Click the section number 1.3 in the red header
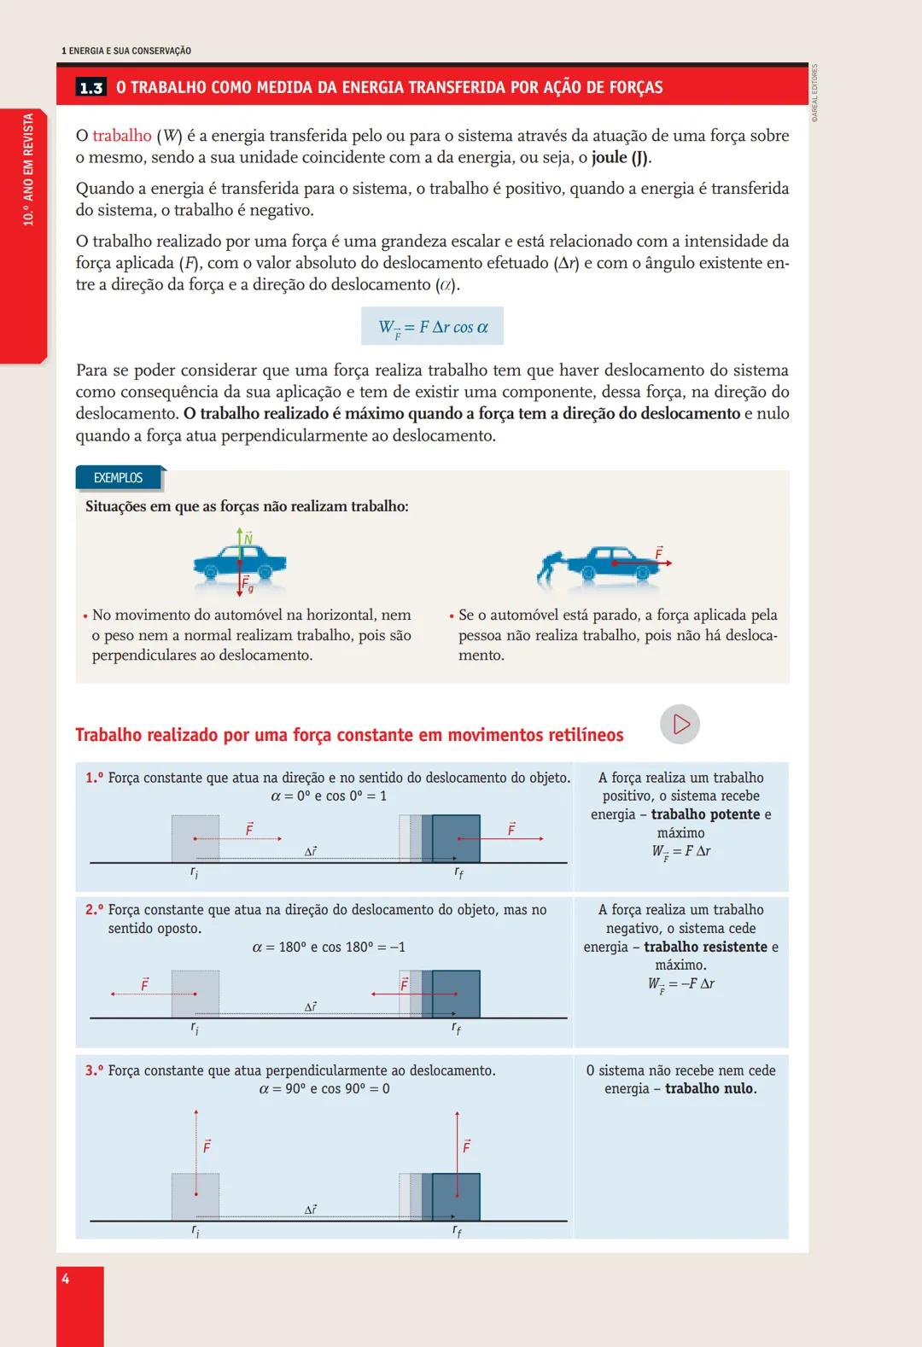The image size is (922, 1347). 90,88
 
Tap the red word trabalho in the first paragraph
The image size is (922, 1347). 121,136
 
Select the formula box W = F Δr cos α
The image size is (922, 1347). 432,326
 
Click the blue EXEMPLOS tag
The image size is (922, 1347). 119,478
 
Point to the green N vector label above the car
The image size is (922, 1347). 248,539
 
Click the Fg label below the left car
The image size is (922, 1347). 247,585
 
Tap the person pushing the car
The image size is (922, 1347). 552,567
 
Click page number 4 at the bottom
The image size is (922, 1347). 66,1279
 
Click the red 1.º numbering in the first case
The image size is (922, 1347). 94,778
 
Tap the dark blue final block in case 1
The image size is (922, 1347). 456,838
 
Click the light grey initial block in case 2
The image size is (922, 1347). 195,994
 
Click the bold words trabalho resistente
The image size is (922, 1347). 705,947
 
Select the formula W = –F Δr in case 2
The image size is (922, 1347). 680,984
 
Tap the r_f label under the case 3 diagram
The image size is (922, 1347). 457,1232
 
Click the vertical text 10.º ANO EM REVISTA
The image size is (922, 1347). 28,170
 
